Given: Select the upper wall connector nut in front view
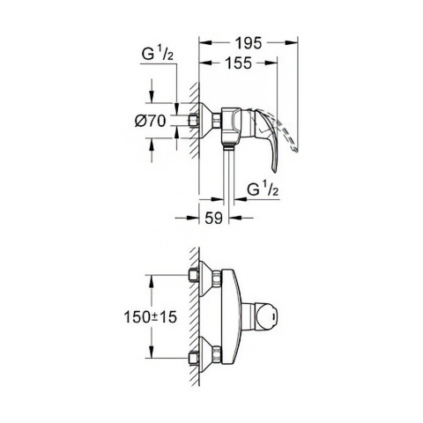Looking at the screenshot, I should [x=194, y=275].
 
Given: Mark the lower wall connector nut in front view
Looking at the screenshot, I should [x=194, y=358].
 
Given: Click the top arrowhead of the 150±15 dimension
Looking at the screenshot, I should [x=153, y=277].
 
